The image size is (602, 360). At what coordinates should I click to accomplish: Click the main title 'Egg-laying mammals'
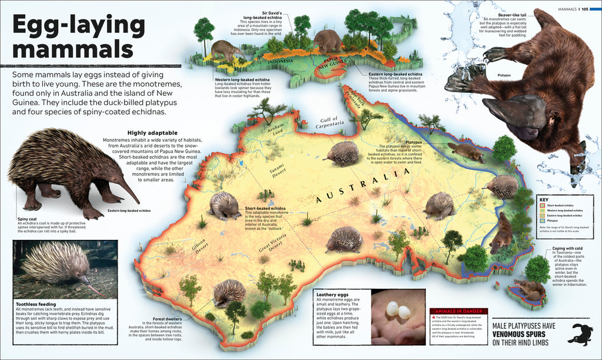pos(79,36)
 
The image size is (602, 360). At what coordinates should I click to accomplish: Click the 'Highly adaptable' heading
pos(148,133)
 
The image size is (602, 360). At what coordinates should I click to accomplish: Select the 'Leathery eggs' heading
pos(333,295)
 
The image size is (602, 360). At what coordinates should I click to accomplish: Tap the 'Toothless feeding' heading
pos(37,304)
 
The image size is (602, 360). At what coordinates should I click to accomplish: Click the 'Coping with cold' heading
pos(567,248)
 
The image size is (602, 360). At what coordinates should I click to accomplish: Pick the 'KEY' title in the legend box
pos(543,199)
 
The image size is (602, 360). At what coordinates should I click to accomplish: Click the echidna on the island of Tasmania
pos(530,288)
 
